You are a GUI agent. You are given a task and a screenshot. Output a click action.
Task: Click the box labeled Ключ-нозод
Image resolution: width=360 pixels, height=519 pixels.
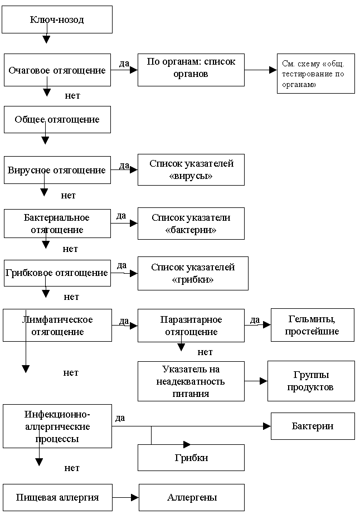[57, 19]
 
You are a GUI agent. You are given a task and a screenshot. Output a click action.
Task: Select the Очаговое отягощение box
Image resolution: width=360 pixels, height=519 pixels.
[57, 70]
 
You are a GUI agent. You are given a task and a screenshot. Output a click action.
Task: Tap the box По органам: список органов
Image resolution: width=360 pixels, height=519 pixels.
[191, 70]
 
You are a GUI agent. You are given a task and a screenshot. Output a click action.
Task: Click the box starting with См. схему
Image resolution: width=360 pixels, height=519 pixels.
[315, 73]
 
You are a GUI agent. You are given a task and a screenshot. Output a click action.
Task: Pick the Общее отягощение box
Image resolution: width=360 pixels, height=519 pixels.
[57, 119]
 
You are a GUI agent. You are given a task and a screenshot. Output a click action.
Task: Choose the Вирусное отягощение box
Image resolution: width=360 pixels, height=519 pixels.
[57, 170]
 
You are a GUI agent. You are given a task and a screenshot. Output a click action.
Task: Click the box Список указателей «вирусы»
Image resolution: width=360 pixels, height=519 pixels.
[191, 169]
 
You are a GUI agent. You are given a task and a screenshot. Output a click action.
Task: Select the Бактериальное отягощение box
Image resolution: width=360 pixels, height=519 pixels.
[57, 224]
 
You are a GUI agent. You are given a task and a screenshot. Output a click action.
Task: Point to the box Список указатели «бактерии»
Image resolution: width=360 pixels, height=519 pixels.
[191, 224]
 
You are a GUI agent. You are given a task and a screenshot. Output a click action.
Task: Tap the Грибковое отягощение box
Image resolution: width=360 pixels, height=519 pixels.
[57, 273]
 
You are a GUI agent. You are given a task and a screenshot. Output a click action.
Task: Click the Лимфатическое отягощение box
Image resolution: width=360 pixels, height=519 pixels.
[57, 325]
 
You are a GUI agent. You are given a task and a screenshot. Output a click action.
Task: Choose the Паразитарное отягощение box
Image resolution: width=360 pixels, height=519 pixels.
[191, 326]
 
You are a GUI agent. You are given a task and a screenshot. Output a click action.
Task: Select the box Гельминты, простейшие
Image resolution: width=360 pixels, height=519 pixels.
[312, 324]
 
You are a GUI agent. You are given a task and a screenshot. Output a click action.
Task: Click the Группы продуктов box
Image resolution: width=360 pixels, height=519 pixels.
[311, 381]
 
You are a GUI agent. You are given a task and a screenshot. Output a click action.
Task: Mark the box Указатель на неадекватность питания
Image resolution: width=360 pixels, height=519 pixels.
[191, 381]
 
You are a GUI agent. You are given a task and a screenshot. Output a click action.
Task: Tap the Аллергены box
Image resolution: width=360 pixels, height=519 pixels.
[192, 497]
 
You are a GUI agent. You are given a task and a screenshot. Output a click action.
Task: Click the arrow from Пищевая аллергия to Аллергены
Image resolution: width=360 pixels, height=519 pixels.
[125, 497]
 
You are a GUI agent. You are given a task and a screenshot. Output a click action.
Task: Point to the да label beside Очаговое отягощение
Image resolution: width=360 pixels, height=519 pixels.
[124, 63]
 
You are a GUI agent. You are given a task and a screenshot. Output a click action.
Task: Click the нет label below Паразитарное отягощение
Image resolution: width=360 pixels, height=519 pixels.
[205, 352]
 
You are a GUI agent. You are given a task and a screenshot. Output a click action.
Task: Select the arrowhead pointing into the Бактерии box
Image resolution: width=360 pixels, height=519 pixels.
[267, 426]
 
